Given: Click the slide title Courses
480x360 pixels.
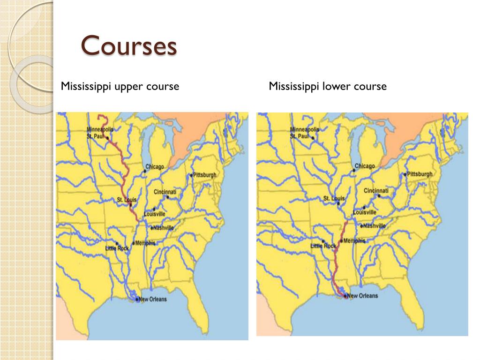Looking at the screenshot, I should point(129,46).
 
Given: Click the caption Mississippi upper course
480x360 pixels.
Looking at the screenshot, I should point(120,86).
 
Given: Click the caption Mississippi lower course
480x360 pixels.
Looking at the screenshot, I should point(328,86).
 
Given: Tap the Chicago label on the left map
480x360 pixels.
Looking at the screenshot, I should point(155,167).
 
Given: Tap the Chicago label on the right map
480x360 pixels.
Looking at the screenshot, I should point(365,166).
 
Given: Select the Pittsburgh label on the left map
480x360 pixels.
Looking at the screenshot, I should point(205,175).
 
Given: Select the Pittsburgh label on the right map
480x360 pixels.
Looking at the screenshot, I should point(420,174).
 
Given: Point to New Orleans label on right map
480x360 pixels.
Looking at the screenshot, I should point(362,296).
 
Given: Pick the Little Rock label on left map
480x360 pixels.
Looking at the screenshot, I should point(117,248).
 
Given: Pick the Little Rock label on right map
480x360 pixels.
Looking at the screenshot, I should point(323,246).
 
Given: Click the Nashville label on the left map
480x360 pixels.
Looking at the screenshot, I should point(164,228).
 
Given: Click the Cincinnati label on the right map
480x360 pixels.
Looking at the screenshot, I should point(376,191).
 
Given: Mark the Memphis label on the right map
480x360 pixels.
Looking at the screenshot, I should point(354,241).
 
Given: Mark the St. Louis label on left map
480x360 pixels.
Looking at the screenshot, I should point(127,200).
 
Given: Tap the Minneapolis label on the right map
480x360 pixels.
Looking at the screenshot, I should point(304,129).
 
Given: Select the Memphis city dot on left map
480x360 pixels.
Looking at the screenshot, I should point(133,243).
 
